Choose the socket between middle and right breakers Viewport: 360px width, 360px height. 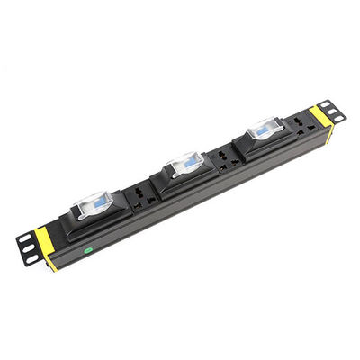pos(226,157)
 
